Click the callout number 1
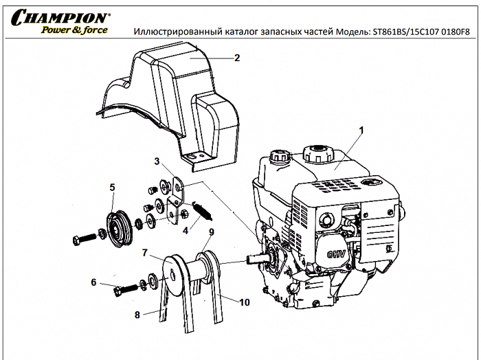click(362, 129)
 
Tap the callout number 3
click(157, 161)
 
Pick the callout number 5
click(112, 186)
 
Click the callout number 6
click(93, 282)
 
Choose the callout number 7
click(145, 252)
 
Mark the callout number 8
click(137, 315)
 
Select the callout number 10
click(245, 302)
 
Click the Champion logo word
click(59, 16)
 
